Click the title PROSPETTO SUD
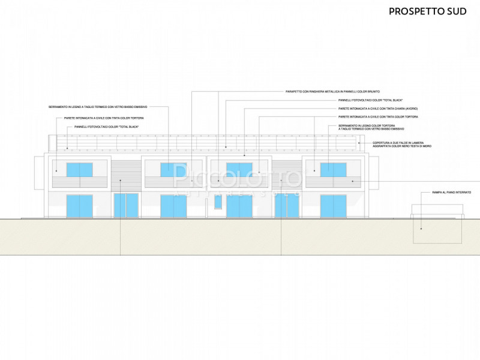pyautogui.click(x=428, y=11)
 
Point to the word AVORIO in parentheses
pyautogui.click(x=417, y=108)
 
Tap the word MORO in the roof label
pyautogui.click(x=427, y=146)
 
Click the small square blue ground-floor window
pyautogui.click(x=218, y=202)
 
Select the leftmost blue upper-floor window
pyautogui.click(x=79, y=169)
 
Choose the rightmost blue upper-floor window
pyautogui.click(x=332, y=169)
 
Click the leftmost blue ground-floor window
pyautogui.click(x=79, y=206)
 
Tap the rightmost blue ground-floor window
pyautogui.click(x=332, y=206)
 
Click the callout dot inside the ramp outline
pyautogui.click(x=421, y=229)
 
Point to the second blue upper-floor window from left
pyautogui.click(x=173, y=169)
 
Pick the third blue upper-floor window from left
pyautogui.click(x=239, y=169)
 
